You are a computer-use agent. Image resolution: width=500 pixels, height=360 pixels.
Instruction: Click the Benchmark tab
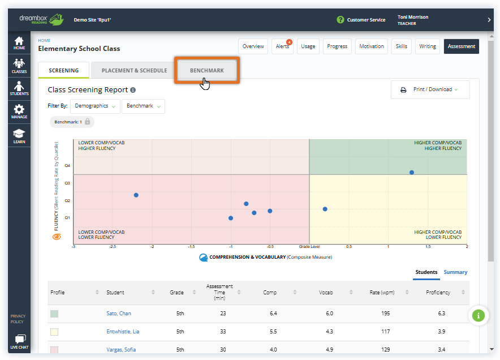(x=207, y=71)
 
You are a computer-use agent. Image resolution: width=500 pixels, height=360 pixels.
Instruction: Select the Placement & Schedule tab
(x=134, y=71)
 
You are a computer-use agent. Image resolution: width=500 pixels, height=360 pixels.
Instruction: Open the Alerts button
(x=282, y=46)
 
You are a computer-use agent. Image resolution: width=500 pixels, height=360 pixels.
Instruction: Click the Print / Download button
(x=430, y=89)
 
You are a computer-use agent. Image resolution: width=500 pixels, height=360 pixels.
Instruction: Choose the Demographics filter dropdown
(x=95, y=106)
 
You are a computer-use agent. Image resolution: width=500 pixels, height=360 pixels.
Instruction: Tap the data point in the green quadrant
(x=412, y=172)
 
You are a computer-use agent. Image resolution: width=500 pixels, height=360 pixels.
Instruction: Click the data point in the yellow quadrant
(x=325, y=209)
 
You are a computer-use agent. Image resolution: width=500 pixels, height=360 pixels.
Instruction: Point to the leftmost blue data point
(x=136, y=195)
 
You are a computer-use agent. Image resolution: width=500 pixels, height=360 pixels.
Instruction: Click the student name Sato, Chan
(x=119, y=314)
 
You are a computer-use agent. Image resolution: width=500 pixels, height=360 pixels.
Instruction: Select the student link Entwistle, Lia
(x=123, y=331)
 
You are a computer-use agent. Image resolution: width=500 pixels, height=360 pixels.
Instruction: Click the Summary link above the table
(x=455, y=272)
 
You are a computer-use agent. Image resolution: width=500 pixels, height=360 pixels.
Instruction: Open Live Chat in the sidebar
(x=19, y=341)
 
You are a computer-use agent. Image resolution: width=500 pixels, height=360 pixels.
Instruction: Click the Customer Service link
(x=365, y=20)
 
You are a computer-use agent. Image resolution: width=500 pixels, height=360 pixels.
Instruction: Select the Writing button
(x=428, y=46)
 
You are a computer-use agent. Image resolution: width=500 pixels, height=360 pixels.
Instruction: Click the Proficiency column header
(x=438, y=293)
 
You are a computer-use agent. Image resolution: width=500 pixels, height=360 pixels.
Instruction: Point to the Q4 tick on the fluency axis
(x=67, y=166)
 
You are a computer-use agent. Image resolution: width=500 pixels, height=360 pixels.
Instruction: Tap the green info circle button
(x=479, y=315)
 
